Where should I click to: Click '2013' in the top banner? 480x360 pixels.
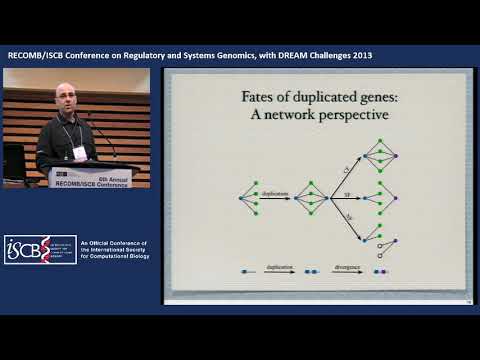click(x=360, y=55)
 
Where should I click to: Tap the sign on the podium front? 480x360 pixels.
click(x=94, y=177)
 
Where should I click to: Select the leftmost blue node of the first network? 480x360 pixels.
click(x=241, y=198)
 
